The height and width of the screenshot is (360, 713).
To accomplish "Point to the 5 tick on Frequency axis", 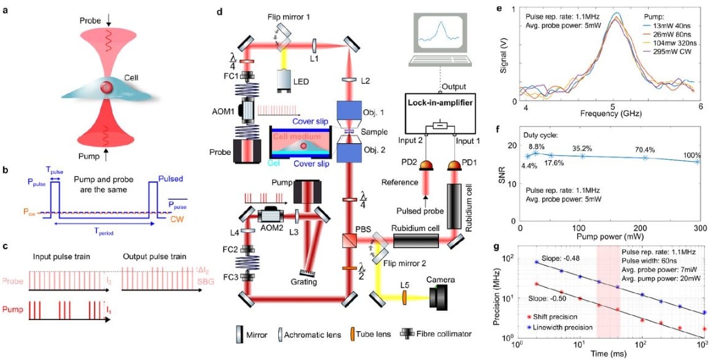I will tap(612, 107).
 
